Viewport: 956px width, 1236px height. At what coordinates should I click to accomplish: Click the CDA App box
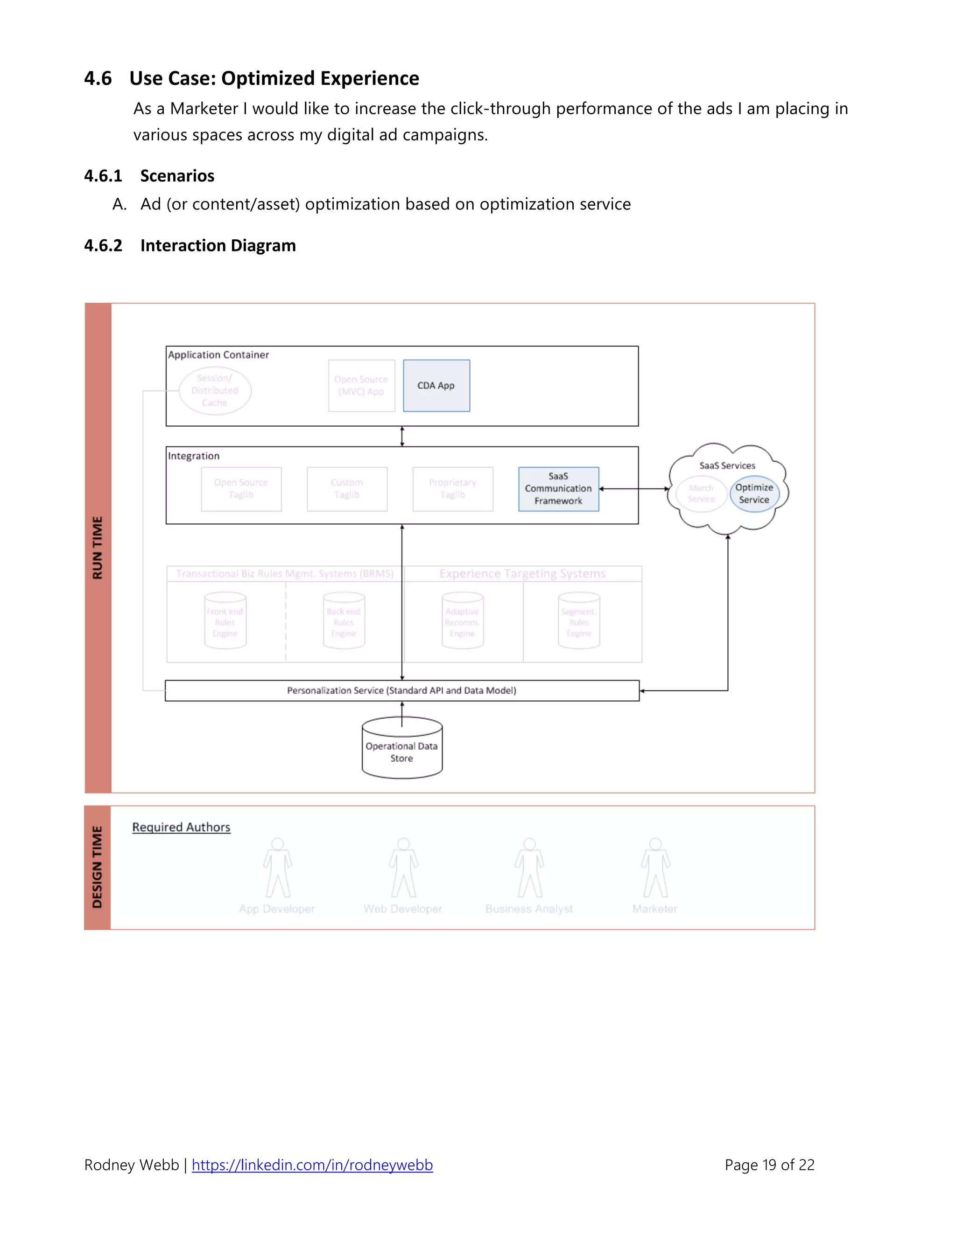(x=436, y=385)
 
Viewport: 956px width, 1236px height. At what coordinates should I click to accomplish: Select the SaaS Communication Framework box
(x=558, y=489)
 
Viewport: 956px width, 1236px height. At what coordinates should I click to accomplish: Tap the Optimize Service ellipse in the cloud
(x=754, y=493)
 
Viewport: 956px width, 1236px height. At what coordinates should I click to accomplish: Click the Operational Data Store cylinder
(x=402, y=750)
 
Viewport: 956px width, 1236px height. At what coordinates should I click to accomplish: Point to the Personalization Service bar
(x=401, y=690)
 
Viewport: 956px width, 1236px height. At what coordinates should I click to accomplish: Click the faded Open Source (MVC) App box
(x=361, y=385)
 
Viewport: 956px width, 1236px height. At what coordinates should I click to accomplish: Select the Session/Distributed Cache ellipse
(x=215, y=390)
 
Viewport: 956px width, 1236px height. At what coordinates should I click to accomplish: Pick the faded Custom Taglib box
(x=347, y=489)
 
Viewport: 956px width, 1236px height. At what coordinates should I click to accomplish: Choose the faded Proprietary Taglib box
(x=452, y=489)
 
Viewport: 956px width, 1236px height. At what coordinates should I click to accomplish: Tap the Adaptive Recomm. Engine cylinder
(x=462, y=621)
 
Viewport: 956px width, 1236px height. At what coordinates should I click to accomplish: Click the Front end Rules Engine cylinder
(x=225, y=621)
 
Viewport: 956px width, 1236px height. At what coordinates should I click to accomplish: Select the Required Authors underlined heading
(x=181, y=827)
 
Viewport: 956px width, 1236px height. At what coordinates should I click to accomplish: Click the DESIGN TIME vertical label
(x=98, y=867)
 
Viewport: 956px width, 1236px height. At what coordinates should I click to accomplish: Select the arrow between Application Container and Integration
(x=402, y=437)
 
